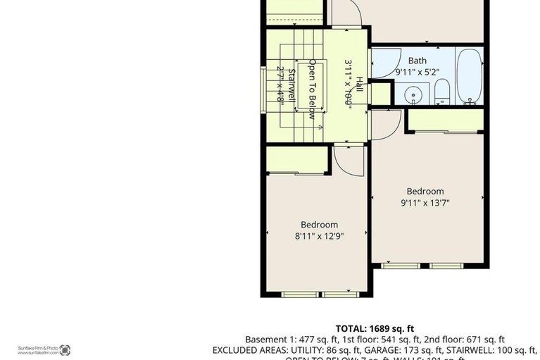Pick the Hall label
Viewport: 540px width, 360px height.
[x=358, y=83]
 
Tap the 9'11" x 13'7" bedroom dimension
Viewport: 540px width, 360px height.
[x=425, y=203]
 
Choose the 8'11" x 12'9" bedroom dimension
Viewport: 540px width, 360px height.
[x=319, y=237]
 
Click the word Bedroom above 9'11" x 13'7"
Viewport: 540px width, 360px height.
[x=425, y=191]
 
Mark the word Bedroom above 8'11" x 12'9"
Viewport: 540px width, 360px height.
[x=319, y=225]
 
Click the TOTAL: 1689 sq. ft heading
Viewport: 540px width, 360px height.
[x=375, y=328]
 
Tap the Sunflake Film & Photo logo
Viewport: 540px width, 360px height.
[x=65, y=349]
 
